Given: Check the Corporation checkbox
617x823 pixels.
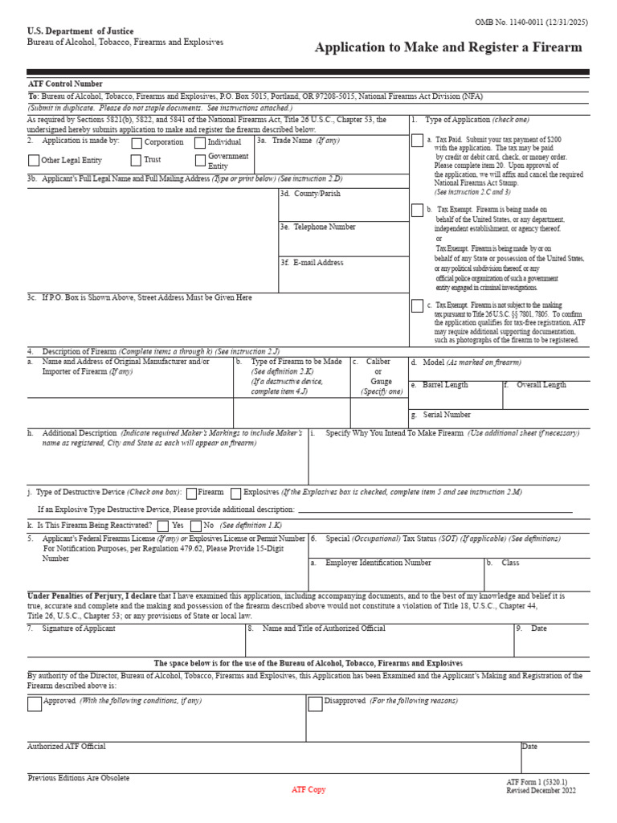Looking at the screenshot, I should point(137,143).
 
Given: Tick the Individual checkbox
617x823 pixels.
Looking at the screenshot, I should point(200,143).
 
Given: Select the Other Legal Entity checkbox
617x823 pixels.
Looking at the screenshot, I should point(33,161).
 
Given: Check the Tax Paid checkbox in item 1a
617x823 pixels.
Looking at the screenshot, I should point(417,141).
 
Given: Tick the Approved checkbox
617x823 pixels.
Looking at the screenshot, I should point(34,704).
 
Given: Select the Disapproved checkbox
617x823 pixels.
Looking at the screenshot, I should point(315,704).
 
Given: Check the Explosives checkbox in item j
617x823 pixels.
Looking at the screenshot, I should point(235,492).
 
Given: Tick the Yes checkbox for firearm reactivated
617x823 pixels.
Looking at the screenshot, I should point(163,526).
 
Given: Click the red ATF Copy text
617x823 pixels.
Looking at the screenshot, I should point(308,790).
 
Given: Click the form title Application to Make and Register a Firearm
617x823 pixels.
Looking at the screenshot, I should point(448,47).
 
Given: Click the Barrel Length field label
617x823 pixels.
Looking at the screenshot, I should point(445,385).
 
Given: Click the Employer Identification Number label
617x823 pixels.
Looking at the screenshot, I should point(378,563).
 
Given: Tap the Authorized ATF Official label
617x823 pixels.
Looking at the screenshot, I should point(67,747).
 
